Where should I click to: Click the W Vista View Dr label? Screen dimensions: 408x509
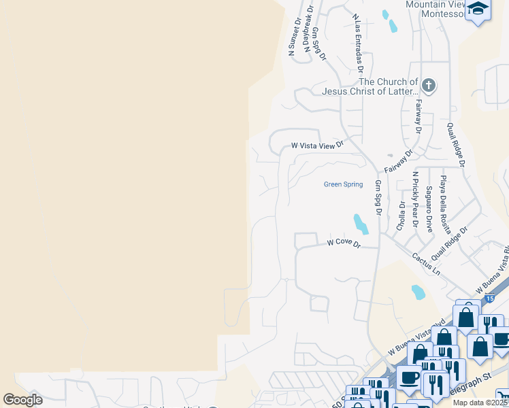coord(318,145)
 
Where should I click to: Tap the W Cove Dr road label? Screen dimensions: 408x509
coord(342,243)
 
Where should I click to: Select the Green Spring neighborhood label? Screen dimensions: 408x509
coord(343,184)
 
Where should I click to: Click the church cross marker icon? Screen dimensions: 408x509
coord(428,86)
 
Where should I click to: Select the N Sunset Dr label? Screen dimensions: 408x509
coord(295,36)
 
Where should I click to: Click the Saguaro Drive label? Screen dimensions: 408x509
coord(429,208)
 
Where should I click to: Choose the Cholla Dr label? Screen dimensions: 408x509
coord(401,214)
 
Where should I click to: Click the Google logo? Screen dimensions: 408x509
coord(23,400)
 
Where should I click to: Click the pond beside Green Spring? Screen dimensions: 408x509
coord(359,223)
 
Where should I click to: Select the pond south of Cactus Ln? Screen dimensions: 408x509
coord(418,292)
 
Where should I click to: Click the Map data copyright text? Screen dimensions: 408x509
coord(480,403)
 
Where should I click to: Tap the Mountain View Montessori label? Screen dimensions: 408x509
coord(435,9)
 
